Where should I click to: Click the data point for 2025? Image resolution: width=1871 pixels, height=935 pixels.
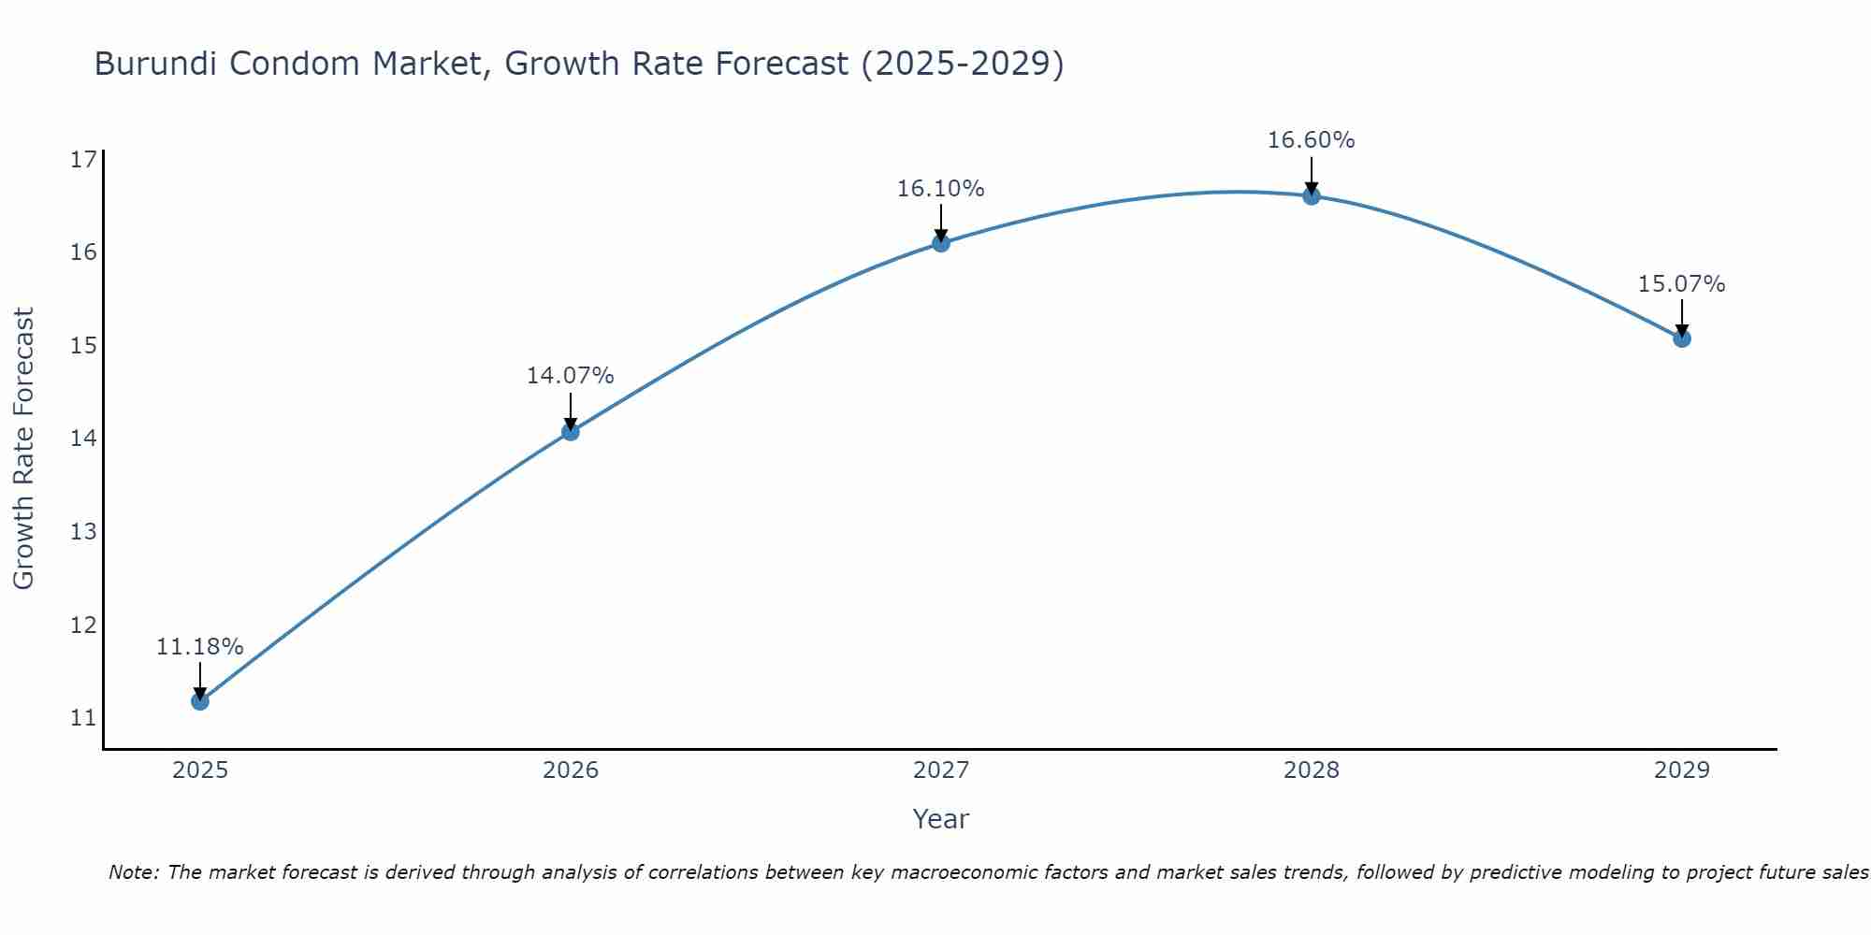199,701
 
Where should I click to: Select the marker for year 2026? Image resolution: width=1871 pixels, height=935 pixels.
570,432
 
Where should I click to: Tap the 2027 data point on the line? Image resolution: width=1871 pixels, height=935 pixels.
940,243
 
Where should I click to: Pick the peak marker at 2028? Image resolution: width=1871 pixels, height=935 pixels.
1311,196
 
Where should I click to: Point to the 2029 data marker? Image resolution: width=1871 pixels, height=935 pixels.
1681,338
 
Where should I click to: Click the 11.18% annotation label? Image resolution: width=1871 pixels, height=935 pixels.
199,647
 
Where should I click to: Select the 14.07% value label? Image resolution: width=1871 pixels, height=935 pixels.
570,376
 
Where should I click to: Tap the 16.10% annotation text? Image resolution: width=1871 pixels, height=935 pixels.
940,189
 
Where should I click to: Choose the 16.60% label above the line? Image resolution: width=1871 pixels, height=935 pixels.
1311,140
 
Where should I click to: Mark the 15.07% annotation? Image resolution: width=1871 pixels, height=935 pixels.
1681,284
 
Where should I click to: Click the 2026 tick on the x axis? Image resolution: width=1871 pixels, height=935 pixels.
571,770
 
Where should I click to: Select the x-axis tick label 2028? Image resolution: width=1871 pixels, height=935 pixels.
1312,770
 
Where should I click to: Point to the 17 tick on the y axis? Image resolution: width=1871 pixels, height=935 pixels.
83,160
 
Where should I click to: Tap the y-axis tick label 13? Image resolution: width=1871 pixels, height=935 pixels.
83,532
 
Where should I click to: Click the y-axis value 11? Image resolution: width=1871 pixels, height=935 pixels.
83,718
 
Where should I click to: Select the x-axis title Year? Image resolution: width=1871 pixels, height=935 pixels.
940,819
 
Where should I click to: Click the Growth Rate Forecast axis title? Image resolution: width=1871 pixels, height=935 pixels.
24,449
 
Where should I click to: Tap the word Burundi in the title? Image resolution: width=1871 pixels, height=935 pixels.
155,64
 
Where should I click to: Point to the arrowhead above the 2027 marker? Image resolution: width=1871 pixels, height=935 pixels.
940,234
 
